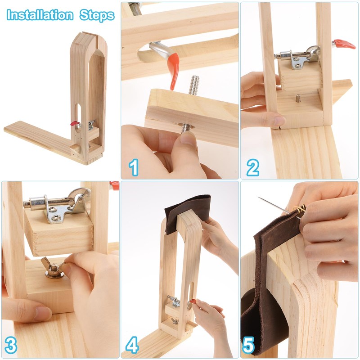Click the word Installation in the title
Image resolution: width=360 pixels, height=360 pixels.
point(40,15)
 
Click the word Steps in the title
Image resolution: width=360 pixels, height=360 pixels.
point(97,15)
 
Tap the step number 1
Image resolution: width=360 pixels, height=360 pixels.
point(134,168)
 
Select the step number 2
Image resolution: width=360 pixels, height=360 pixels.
point(252,168)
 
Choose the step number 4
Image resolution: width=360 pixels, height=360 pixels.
point(132,346)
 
